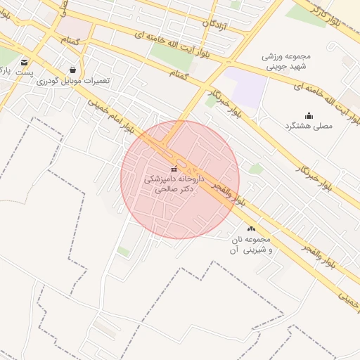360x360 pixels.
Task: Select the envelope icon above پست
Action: coord(25,62)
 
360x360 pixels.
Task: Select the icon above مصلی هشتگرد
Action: coord(309,115)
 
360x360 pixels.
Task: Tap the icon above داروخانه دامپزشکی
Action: coord(174,169)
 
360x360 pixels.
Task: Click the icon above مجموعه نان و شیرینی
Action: coord(251,229)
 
